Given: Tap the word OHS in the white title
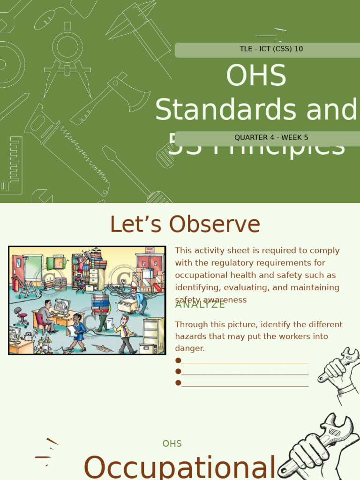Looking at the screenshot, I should point(256,75).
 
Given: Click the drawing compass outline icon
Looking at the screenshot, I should point(67,56).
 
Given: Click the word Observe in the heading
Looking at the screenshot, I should point(215,225).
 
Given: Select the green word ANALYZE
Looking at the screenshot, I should point(200,305).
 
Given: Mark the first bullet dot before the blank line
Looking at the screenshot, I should point(178,360).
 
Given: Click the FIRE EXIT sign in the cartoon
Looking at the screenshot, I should point(150,250).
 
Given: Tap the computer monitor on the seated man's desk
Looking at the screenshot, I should point(61,306).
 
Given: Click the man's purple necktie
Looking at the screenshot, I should point(125,331).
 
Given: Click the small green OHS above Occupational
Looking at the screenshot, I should point(172,443).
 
